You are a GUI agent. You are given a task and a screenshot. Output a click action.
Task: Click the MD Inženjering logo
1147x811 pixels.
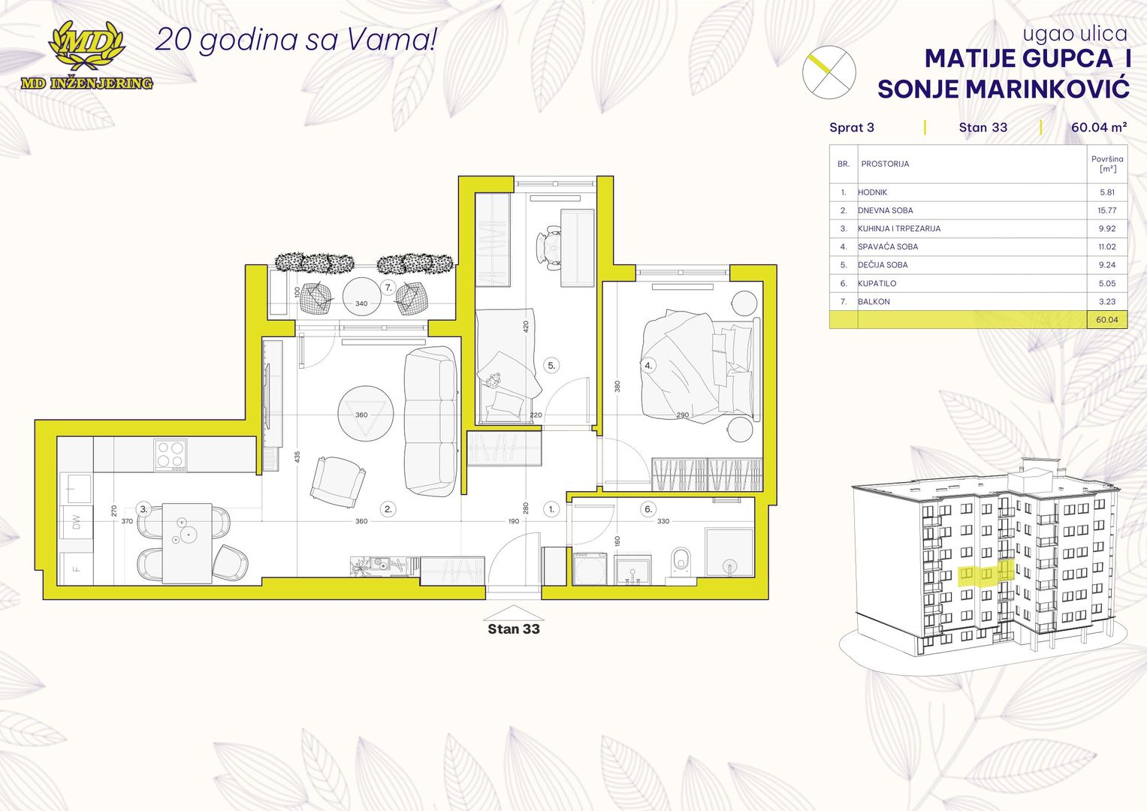pyautogui.click(x=86, y=56)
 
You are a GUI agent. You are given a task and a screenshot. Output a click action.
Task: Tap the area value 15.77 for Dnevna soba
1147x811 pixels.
pyautogui.click(x=1106, y=210)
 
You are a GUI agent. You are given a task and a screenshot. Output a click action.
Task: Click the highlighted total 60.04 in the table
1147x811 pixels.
pyautogui.click(x=1106, y=319)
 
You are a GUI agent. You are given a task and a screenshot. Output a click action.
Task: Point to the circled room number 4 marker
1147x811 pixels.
pyautogui.click(x=648, y=366)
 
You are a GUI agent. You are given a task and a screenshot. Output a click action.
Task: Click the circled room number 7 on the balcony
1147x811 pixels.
pyautogui.click(x=388, y=288)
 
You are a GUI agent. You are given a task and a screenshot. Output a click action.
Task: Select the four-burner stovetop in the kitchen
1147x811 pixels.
pyautogui.click(x=171, y=454)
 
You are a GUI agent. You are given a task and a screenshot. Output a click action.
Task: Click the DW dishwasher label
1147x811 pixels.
pyautogui.click(x=77, y=522)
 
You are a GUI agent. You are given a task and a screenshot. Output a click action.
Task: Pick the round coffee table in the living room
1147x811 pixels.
pyautogui.click(x=366, y=414)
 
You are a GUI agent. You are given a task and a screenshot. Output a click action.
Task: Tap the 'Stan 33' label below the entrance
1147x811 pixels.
pyautogui.click(x=514, y=629)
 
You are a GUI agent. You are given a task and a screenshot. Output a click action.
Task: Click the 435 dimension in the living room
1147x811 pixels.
pyautogui.click(x=297, y=457)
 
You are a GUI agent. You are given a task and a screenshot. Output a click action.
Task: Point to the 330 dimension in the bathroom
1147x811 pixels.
pyautogui.click(x=663, y=521)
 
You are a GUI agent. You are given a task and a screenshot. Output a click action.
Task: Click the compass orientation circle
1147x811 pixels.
pyautogui.click(x=829, y=72)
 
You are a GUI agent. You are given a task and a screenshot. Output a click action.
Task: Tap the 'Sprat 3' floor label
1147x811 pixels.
pyautogui.click(x=852, y=128)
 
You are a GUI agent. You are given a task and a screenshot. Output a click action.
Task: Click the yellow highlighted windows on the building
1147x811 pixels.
pyautogui.click(x=986, y=574)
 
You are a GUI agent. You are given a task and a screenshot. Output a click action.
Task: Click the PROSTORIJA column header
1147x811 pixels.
pyautogui.click(x=885, y=164)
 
